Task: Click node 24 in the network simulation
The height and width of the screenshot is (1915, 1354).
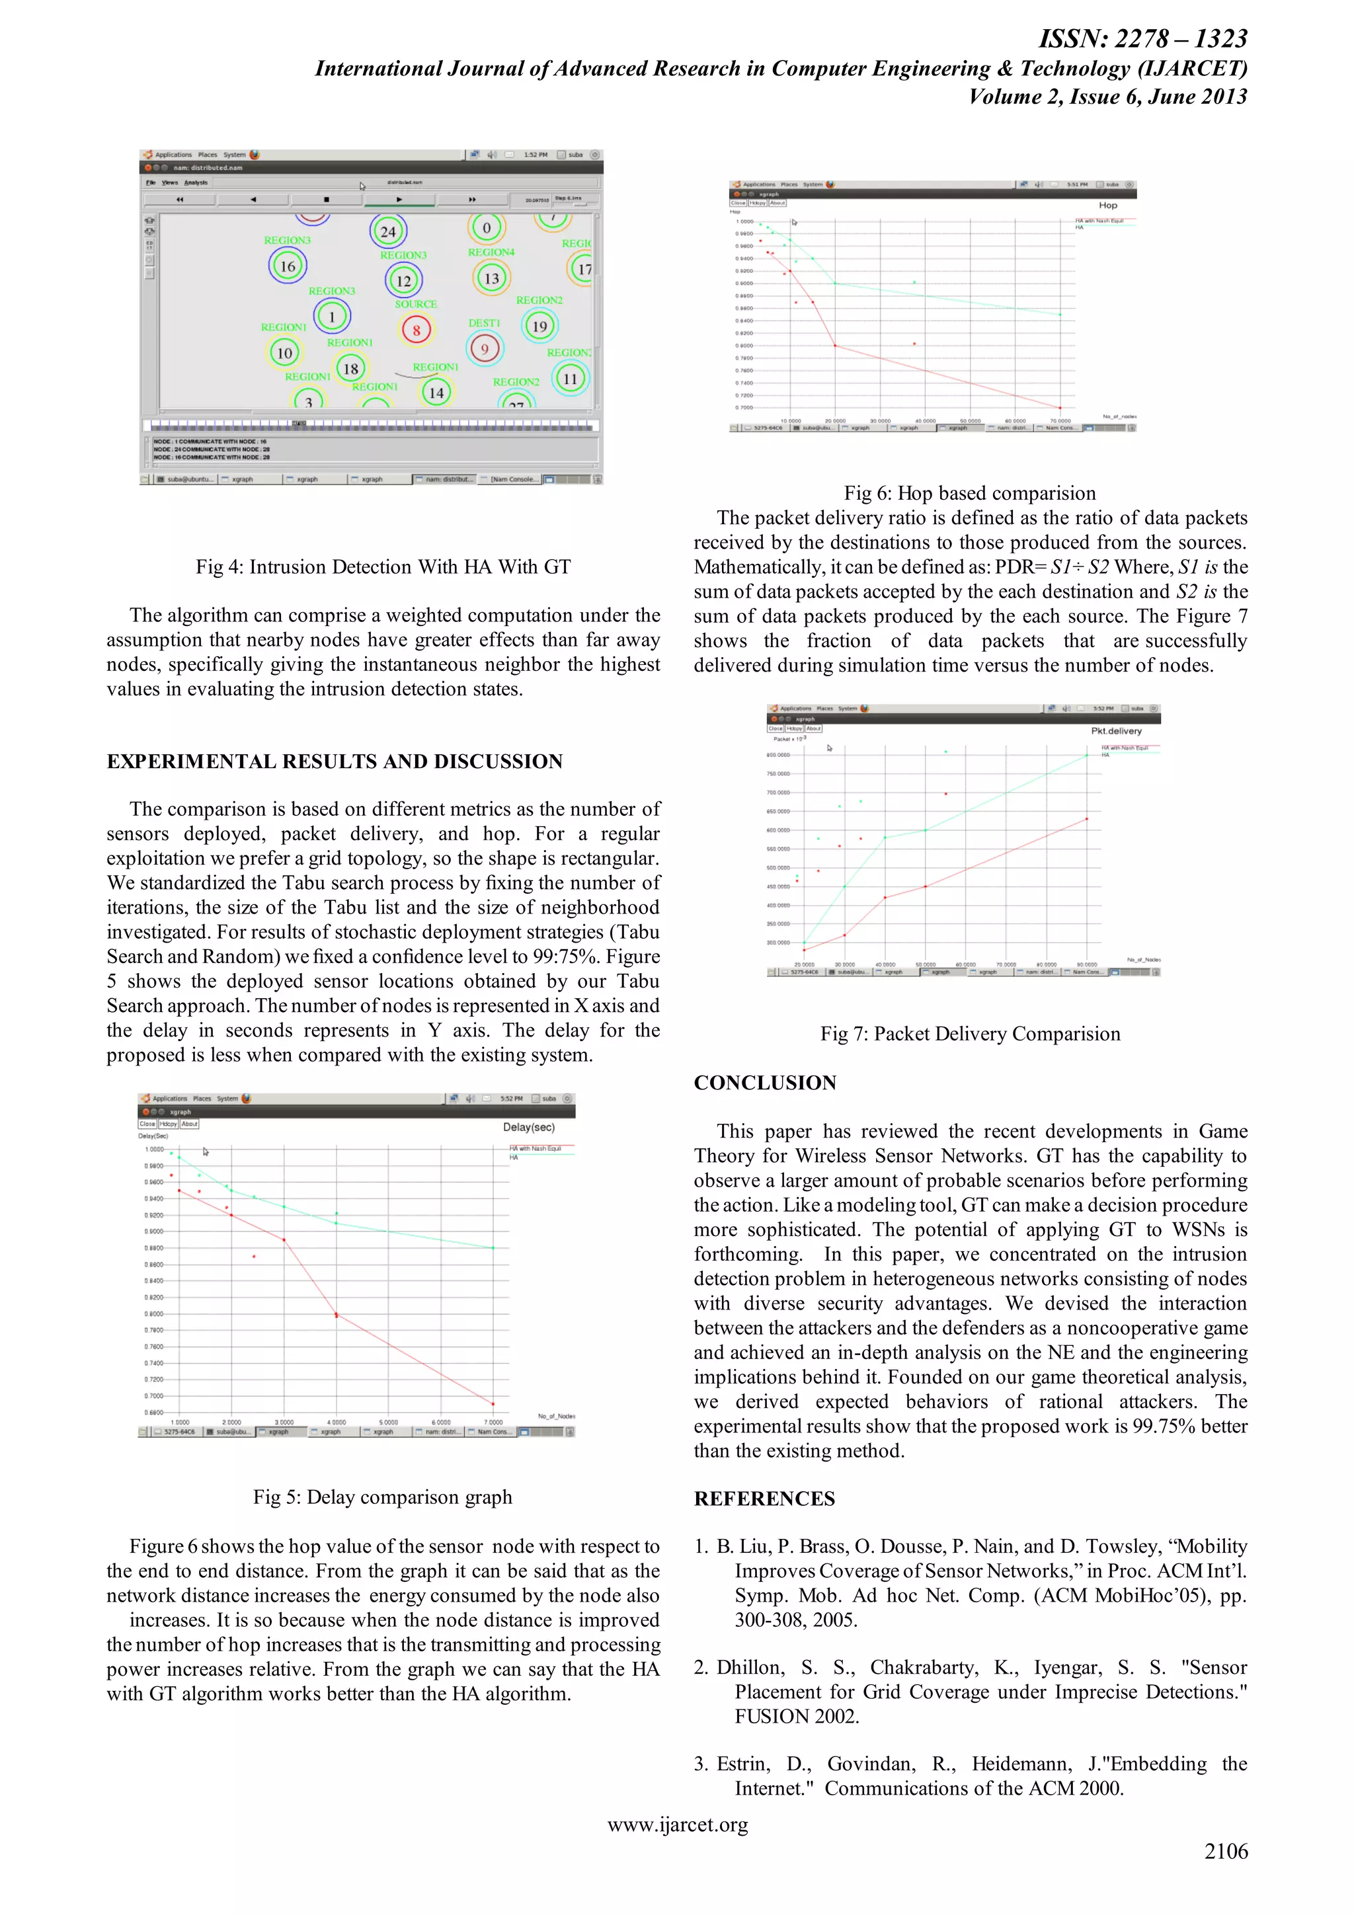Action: click(x=388, y=232)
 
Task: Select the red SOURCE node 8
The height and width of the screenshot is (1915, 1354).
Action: click(x=417, y=331)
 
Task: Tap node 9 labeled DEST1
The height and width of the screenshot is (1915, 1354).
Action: click(x=484, y=350)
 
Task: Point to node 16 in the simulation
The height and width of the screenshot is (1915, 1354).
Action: click(x=288, y=266)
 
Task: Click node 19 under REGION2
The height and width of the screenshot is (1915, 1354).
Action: click(x=539, y=326)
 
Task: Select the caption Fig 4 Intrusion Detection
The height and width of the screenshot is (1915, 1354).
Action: click(x=383, y=567)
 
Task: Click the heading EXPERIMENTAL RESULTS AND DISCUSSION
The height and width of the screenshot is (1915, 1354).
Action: click(x=335, y=762)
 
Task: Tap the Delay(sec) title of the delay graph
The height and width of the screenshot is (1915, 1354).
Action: click(x=528, y=1128)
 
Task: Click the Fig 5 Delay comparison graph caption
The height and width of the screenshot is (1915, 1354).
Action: click(x=383, y=1497)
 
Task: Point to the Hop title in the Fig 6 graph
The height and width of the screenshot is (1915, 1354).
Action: click(x=1107, y=205)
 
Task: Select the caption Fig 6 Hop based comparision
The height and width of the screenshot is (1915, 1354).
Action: click(x=969, y=493)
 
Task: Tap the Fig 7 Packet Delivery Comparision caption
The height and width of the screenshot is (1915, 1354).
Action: click(x=969, y=1035)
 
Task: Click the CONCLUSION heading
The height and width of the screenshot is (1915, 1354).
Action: click(x=764, y=1083)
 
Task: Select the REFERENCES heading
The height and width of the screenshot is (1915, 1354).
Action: click(x=764, y=1499)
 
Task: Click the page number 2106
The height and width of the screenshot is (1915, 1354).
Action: click(x=1226, y=1852)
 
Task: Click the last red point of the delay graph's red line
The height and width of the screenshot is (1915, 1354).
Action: click(x=493, y=1404)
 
